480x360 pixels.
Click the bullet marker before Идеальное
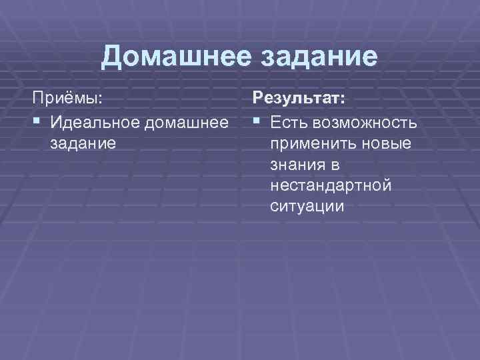coord(37,123)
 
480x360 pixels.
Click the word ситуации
coord(307,206)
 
